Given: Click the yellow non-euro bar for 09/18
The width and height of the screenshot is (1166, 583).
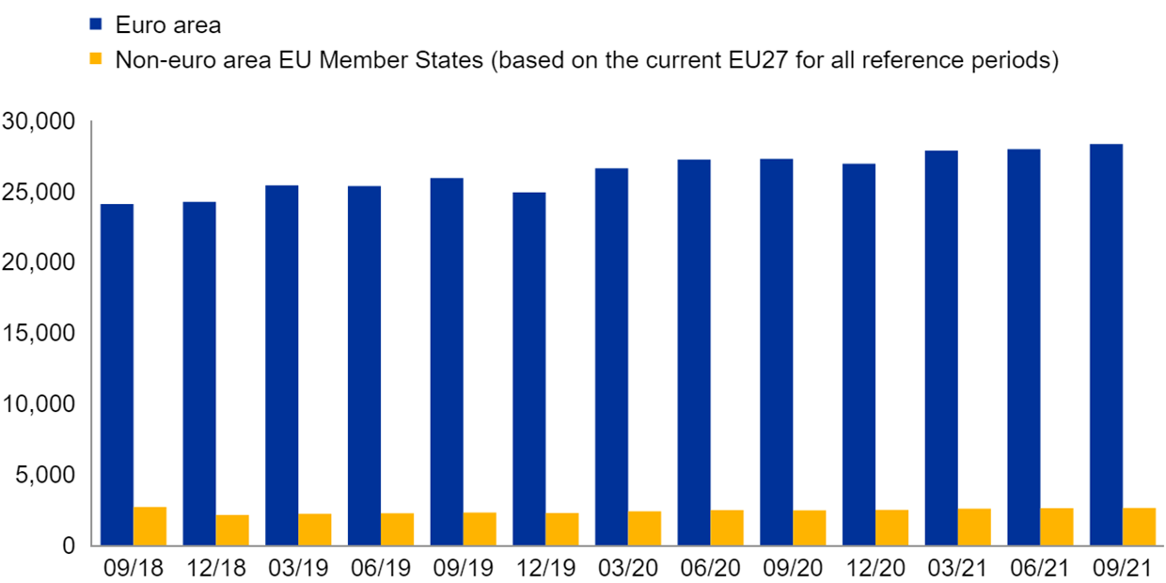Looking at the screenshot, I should point(150,527).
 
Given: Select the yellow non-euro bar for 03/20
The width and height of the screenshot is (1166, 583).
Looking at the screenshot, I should point(644,528).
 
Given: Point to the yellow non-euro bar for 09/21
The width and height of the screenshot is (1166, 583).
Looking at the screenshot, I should point(1139,527).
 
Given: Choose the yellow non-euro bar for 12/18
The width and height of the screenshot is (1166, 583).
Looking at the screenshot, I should point(232,530).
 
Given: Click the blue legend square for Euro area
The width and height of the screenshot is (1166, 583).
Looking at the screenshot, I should point(95,25).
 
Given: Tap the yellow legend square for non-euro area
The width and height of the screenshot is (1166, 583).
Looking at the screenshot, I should point(95,60).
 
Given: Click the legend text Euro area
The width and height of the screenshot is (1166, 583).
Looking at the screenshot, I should point(167,25).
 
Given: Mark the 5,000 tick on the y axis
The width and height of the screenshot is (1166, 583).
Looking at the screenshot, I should point(45,475).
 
